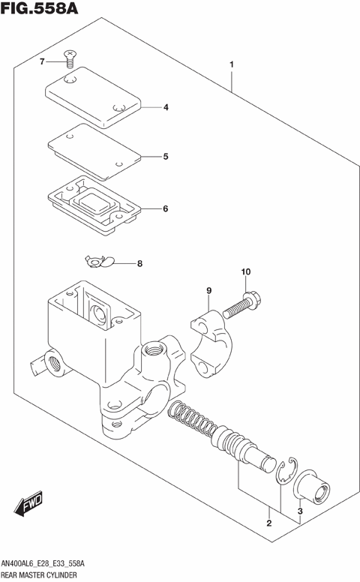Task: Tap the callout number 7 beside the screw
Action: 43,61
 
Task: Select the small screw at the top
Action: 70,57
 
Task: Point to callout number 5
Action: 166,157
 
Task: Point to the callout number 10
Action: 245,271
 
